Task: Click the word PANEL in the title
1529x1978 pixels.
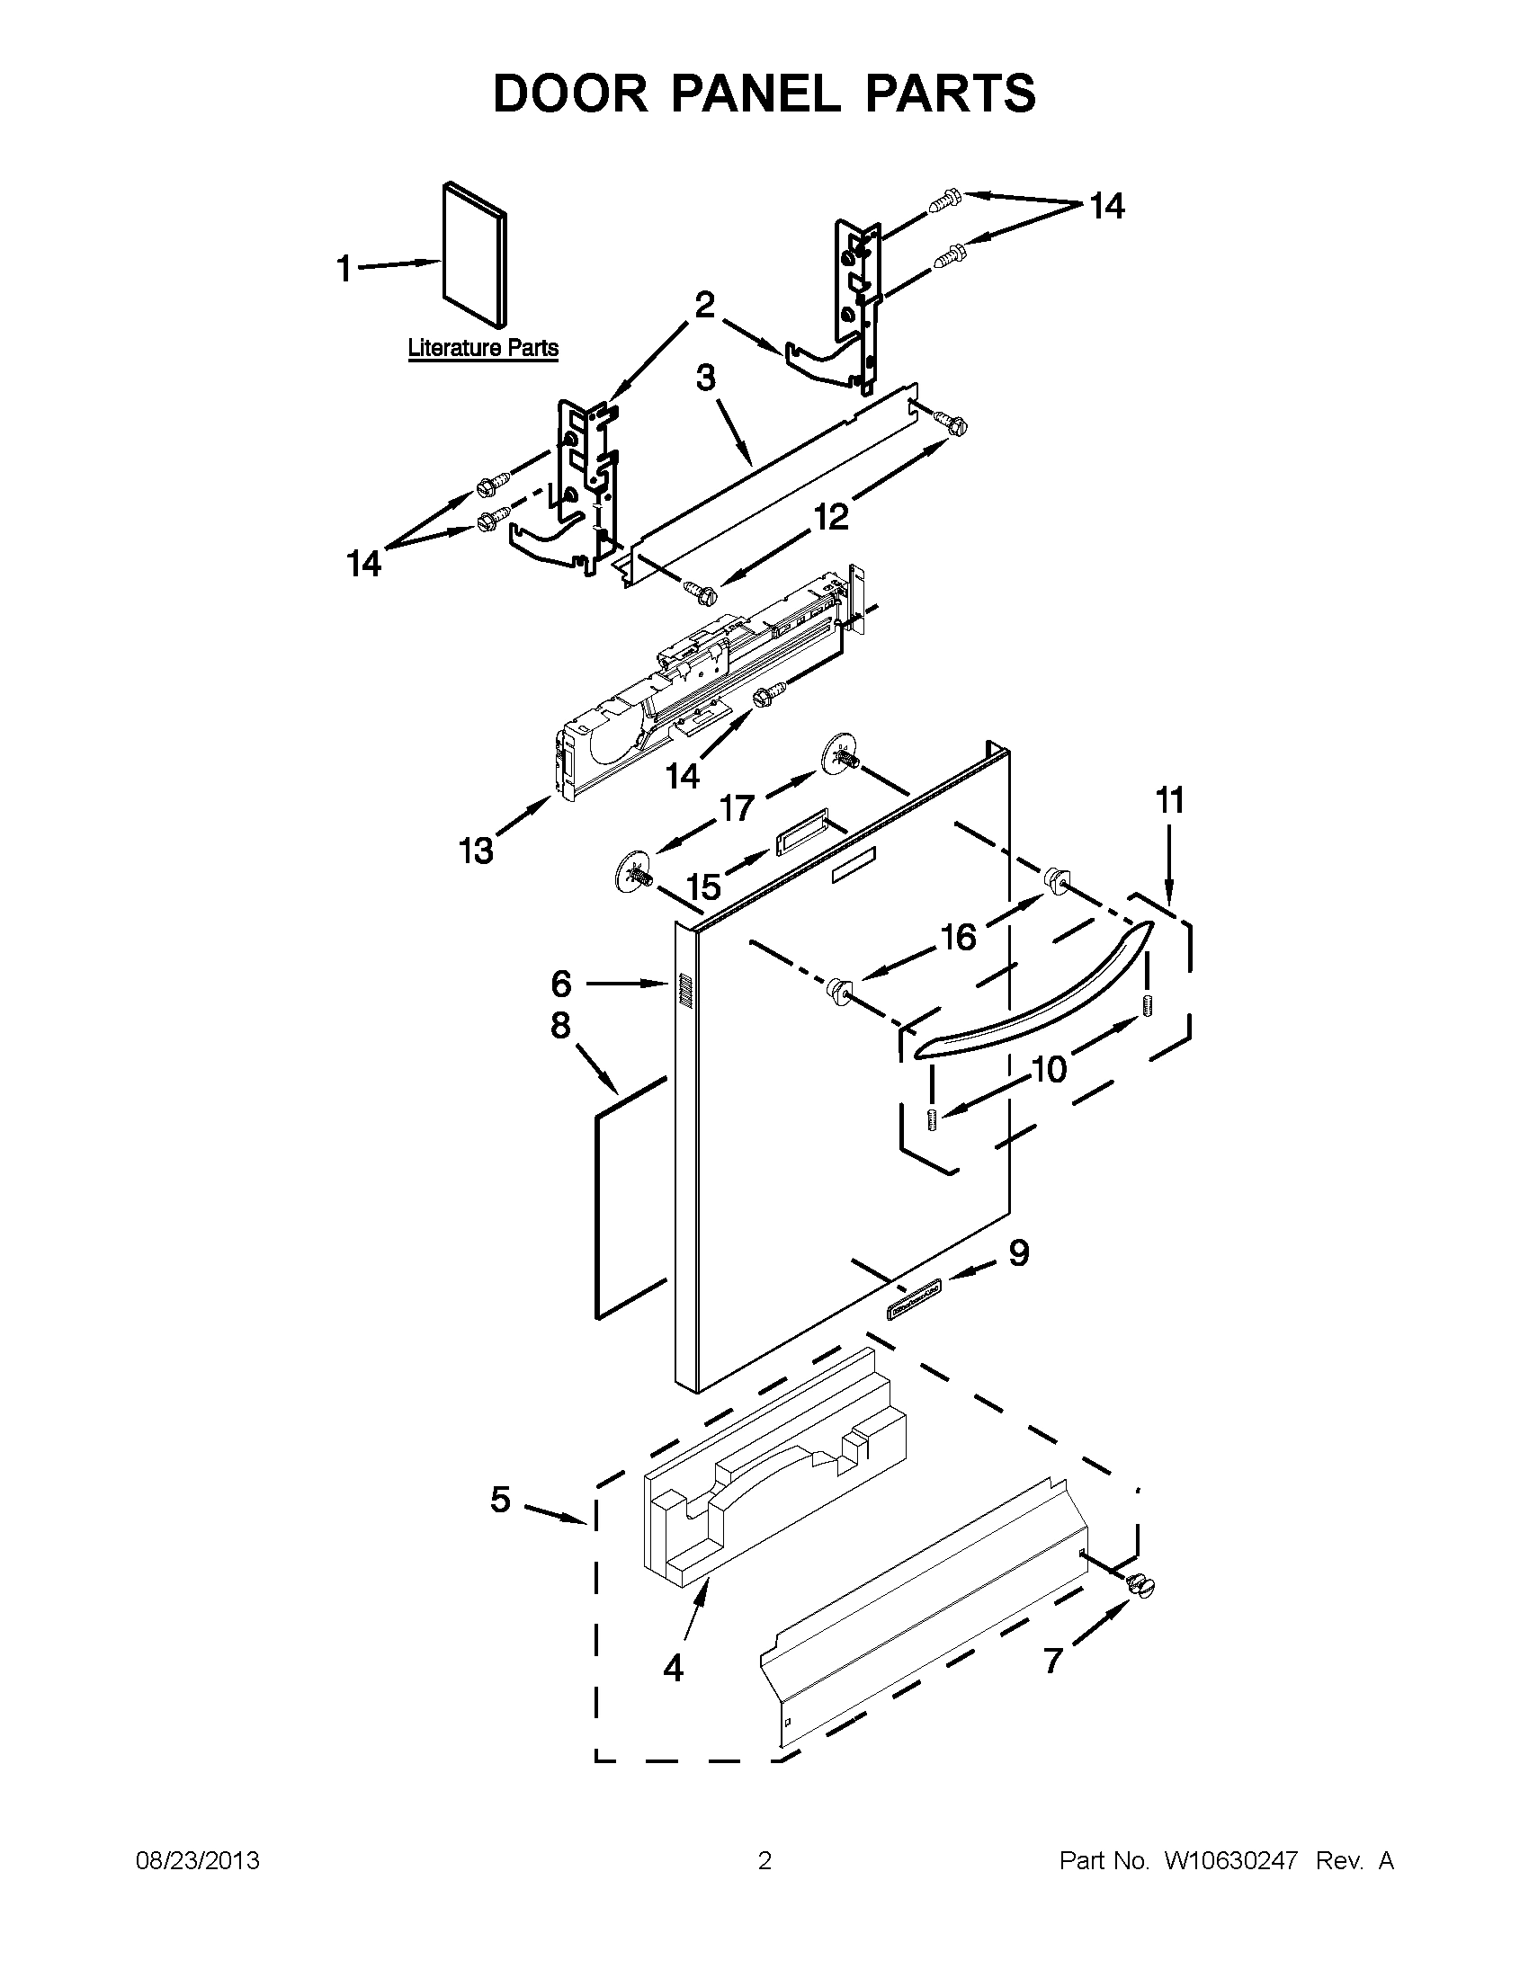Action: (x=756, y=94)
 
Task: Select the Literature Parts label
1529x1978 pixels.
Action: (x=483, y=348)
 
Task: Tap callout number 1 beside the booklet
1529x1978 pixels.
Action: (x=344, y=268)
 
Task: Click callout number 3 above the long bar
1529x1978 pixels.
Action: (x=706, y=379)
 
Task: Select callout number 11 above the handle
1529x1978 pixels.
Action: (x=1169, y=800)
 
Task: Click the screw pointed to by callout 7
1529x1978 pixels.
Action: (x=1140, y=1584)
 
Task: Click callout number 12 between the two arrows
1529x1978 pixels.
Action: (x=831, y=516)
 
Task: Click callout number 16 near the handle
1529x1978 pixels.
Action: (x=958, y=937)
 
